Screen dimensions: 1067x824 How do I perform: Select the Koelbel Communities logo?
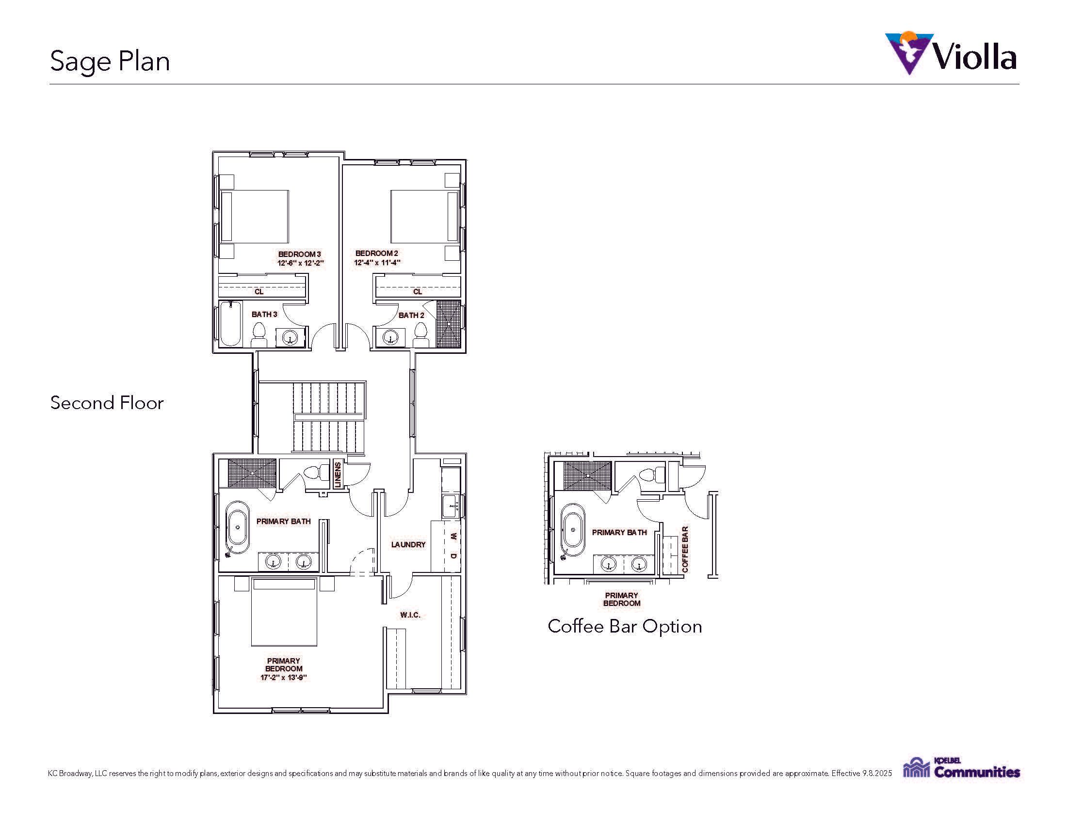(x=961, y=768)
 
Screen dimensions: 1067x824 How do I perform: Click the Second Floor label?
(x=107, y=403)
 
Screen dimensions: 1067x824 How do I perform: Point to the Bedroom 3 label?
(x=299, y=254)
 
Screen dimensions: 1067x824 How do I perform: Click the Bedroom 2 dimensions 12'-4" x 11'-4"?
(x=377, y=263)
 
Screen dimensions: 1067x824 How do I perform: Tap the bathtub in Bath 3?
(x=230, y=324)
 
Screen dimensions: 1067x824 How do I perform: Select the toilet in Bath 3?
(x=259, y=335)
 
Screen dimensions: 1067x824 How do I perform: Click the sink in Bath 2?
(x=390, y=337)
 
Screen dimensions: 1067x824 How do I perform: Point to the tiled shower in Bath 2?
(x=448, y=324)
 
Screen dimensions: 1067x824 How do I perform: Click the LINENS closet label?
(x=338, y=475)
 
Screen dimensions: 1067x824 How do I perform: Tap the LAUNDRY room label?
(x=408, y=544)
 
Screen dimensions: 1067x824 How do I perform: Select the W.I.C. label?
(x=410, y=615)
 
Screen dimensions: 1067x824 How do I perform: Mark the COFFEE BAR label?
(x=685, y=549)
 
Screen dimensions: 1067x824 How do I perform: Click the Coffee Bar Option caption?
(x=625, y=626)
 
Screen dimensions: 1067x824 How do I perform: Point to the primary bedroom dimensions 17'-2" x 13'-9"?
(x=283, y=678)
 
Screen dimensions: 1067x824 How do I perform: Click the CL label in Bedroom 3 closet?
(x=259, y=291)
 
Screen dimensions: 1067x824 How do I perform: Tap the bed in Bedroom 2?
(x=424, y=217)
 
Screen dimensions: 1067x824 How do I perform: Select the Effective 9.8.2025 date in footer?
(x=862, y=773)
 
